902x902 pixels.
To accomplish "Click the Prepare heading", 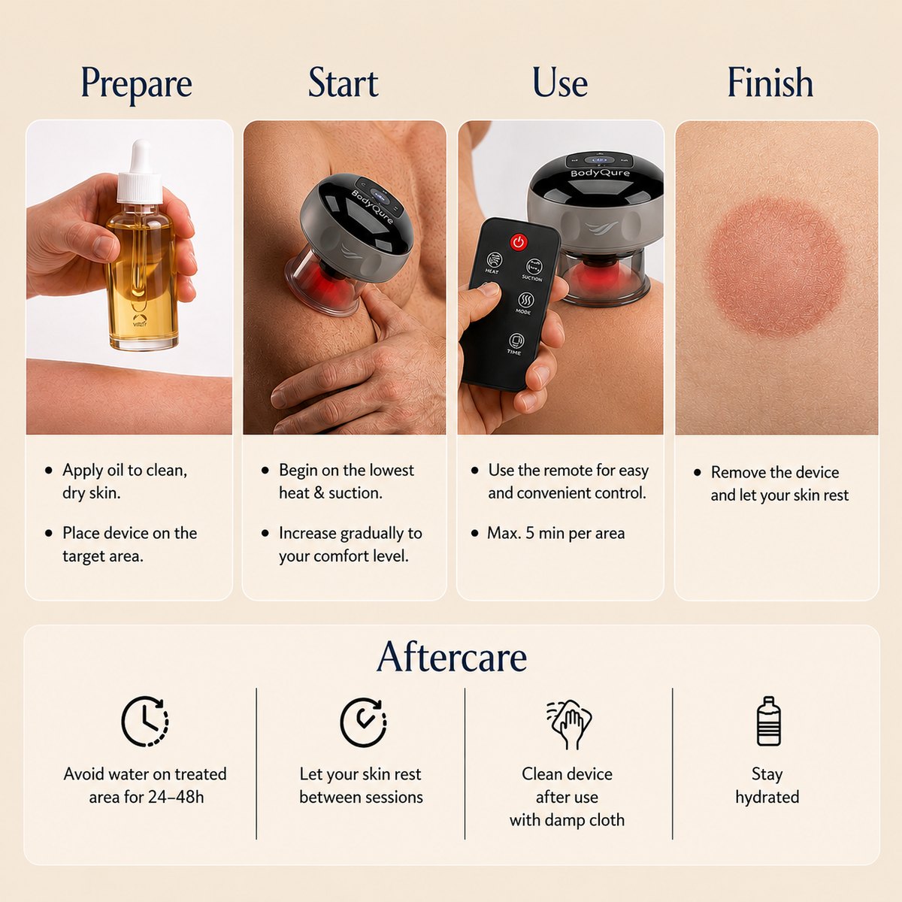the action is pos(137,84).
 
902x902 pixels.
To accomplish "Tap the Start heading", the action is pos(343,83).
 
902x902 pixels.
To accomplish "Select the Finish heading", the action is pos(770,82).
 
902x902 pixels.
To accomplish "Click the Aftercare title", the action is pos(451,657).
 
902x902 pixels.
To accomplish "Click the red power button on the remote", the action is pos(518,242).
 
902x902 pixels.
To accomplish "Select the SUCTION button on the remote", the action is pos(534,268).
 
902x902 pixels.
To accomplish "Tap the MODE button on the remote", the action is pos(525,301).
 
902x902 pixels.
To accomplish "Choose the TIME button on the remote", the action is pos(516,342).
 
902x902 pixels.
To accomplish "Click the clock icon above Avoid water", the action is pos(144,722).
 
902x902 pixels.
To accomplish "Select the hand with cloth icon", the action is pos(568,724).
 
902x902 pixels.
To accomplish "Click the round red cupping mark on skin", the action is pos(776,268).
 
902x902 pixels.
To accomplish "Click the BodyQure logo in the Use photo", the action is pos(600,173).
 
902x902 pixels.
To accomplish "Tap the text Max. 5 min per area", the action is pos(555,533).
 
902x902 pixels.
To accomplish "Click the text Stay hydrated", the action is pos(767,785).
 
